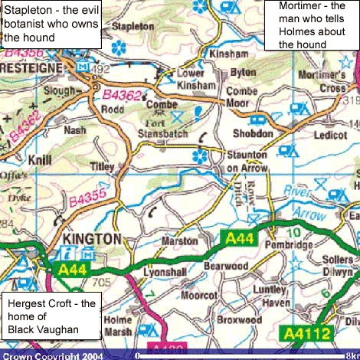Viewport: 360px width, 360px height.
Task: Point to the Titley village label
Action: (101, 166)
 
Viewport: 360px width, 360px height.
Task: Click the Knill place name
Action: (38, 160)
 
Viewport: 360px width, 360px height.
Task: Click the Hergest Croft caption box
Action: (52, 316)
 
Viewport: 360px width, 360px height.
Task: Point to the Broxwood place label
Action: (239, 319)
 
